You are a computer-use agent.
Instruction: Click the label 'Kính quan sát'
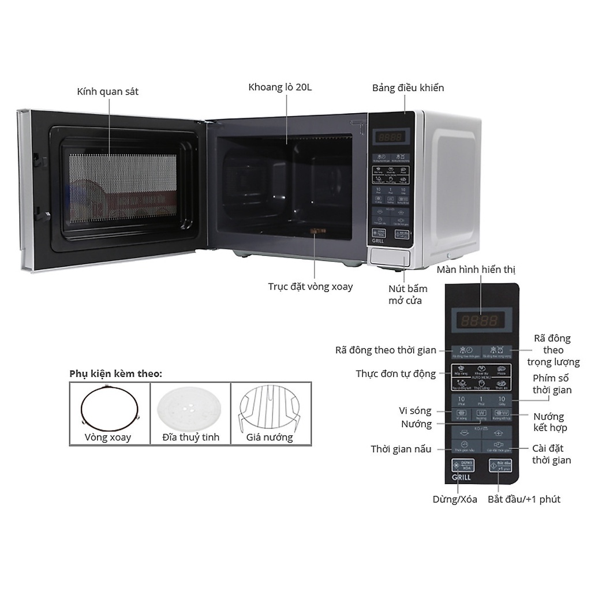(108, 92)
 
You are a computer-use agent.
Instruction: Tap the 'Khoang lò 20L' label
(283, 88)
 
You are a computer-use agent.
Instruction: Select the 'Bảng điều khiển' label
(408, 88)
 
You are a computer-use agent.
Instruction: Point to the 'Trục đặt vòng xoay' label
(311, 286)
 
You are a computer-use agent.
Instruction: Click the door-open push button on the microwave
(390, 257)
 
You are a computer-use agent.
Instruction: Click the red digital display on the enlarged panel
(478, 320)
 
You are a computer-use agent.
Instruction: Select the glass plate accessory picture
(190, 406)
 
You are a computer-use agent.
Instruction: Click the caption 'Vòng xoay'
(108, 437)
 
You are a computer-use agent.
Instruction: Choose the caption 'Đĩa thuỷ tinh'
(190, 437)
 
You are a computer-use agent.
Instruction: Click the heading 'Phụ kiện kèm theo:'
(116, 373)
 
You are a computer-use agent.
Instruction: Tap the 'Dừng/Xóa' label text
(455, 499)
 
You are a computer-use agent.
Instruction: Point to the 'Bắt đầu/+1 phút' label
(524, 499)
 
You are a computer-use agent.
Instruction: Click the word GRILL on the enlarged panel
(462, 477)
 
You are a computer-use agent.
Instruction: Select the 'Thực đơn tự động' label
(396, 374)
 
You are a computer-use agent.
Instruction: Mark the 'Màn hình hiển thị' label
(476, 270)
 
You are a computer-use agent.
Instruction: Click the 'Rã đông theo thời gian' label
(386, 350)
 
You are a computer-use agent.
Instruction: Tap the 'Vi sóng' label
(416, 410)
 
